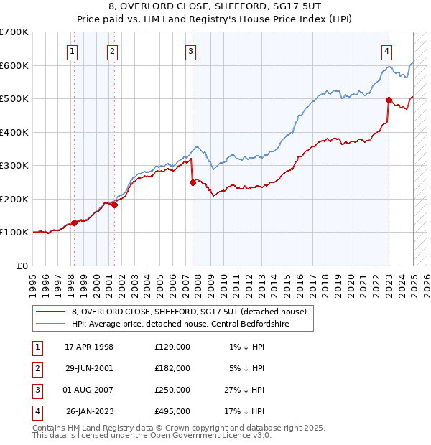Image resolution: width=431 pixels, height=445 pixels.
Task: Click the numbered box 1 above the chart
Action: [x=73, y=51]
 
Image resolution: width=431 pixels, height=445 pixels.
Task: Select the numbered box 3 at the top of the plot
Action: [x=190, y=51]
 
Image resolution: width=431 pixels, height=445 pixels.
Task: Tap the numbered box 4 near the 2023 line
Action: [x=386, y=51]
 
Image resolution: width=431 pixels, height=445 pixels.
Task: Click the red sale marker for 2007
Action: [x=193, y=183]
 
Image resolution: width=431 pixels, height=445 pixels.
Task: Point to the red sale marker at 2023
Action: [x=389, y=100]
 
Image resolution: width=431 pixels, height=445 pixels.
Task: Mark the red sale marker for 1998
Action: [x=74, y=222]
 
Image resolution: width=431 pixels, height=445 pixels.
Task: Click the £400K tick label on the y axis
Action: [x=14, y=132]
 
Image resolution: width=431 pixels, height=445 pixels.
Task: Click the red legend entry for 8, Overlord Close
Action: [x=190, y=311]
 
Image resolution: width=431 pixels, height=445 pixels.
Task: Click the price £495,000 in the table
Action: [x=172, y=411]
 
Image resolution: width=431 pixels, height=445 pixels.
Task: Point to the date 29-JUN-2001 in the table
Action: [x=89, y=367]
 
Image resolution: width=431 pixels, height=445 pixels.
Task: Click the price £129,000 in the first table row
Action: [x=172, y=346]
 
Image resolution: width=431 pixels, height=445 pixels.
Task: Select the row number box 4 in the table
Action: [x=36, y=411]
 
